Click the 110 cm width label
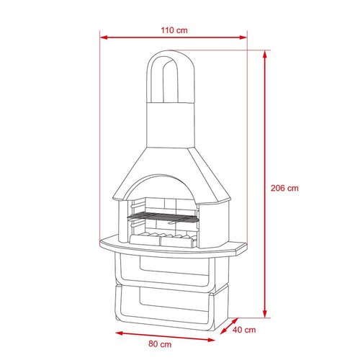174,30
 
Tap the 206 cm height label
284,188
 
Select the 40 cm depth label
244,330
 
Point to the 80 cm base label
160,344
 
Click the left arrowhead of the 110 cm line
104,37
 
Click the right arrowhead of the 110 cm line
243,37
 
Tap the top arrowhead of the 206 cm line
265,54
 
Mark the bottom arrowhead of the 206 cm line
265,314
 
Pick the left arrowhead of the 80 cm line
120,333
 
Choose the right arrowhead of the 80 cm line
211,340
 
